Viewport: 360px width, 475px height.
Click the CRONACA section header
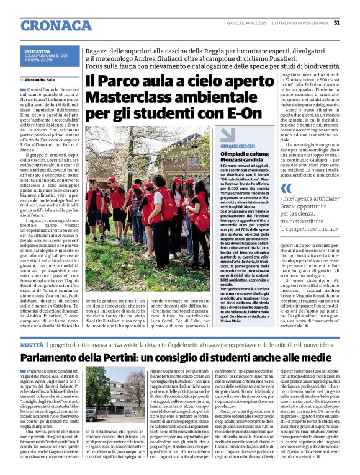click(x=56, y=25)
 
